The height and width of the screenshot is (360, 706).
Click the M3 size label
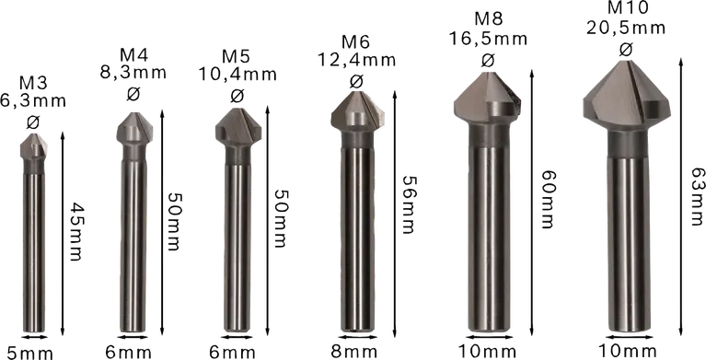coord(35,83)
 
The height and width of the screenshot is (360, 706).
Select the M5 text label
coord(237,52)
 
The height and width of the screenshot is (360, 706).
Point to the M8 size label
coord(488,19)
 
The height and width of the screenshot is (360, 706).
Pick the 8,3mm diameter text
coord(133,71)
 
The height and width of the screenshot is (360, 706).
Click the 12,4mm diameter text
coord(356,62)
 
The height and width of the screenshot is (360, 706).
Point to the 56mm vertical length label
coord(405,208)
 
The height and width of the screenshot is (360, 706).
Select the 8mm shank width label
coord(353,351)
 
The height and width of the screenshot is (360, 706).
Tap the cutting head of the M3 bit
coord(33,145)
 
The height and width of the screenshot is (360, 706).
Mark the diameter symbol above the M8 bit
coord(488,60)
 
